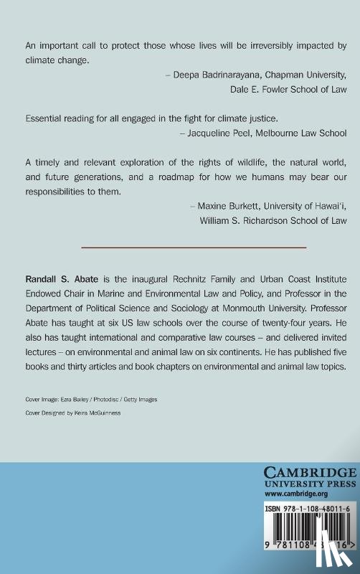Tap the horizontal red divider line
click(194, 248)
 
